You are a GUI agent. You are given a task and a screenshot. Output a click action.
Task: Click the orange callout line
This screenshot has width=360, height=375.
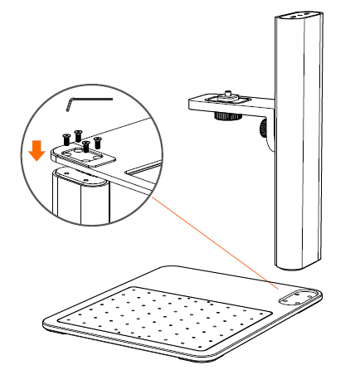click(x=216, y=232)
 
